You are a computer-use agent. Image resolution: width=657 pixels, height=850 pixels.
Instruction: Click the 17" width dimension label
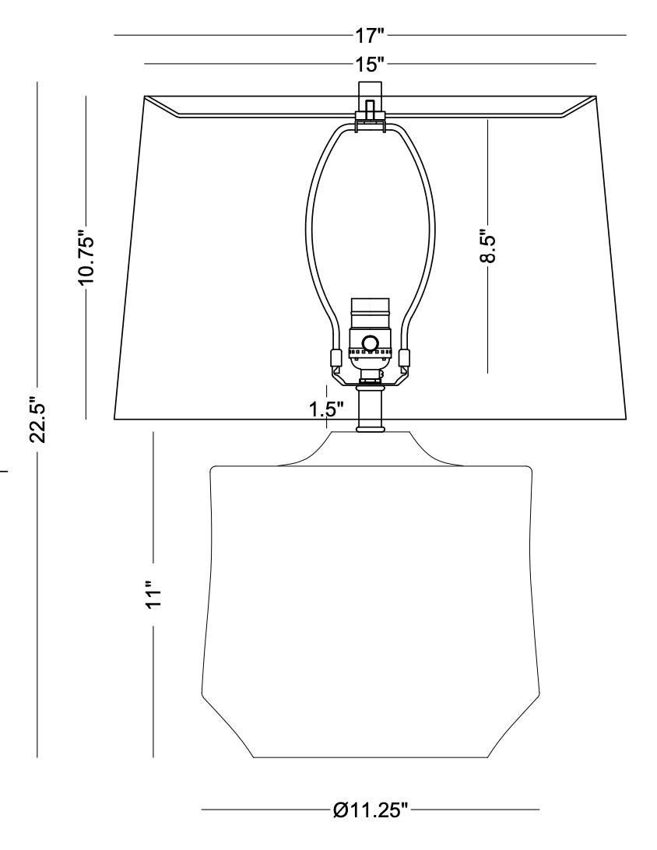370,35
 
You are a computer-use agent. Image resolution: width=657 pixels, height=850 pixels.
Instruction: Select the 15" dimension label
370,63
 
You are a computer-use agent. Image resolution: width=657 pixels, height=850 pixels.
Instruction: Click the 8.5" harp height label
487,247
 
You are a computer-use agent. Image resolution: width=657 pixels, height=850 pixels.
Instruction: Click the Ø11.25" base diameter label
371,810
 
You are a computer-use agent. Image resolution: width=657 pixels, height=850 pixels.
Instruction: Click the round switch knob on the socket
371,342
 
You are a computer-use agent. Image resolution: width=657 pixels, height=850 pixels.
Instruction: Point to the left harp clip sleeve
336,358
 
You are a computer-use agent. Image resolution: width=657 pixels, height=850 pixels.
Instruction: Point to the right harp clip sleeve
404,358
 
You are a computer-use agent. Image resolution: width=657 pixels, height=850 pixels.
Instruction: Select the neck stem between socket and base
370,409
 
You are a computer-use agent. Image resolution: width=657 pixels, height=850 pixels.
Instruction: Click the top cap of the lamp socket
370,305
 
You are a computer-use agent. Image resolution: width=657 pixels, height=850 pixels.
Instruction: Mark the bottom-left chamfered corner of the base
226,724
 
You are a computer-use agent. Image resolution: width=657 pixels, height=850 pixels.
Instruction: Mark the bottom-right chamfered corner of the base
514,724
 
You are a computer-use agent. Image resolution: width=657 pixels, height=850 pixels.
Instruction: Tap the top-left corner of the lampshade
146,97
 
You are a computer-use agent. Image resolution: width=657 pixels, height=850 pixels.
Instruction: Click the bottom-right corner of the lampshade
625,420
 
